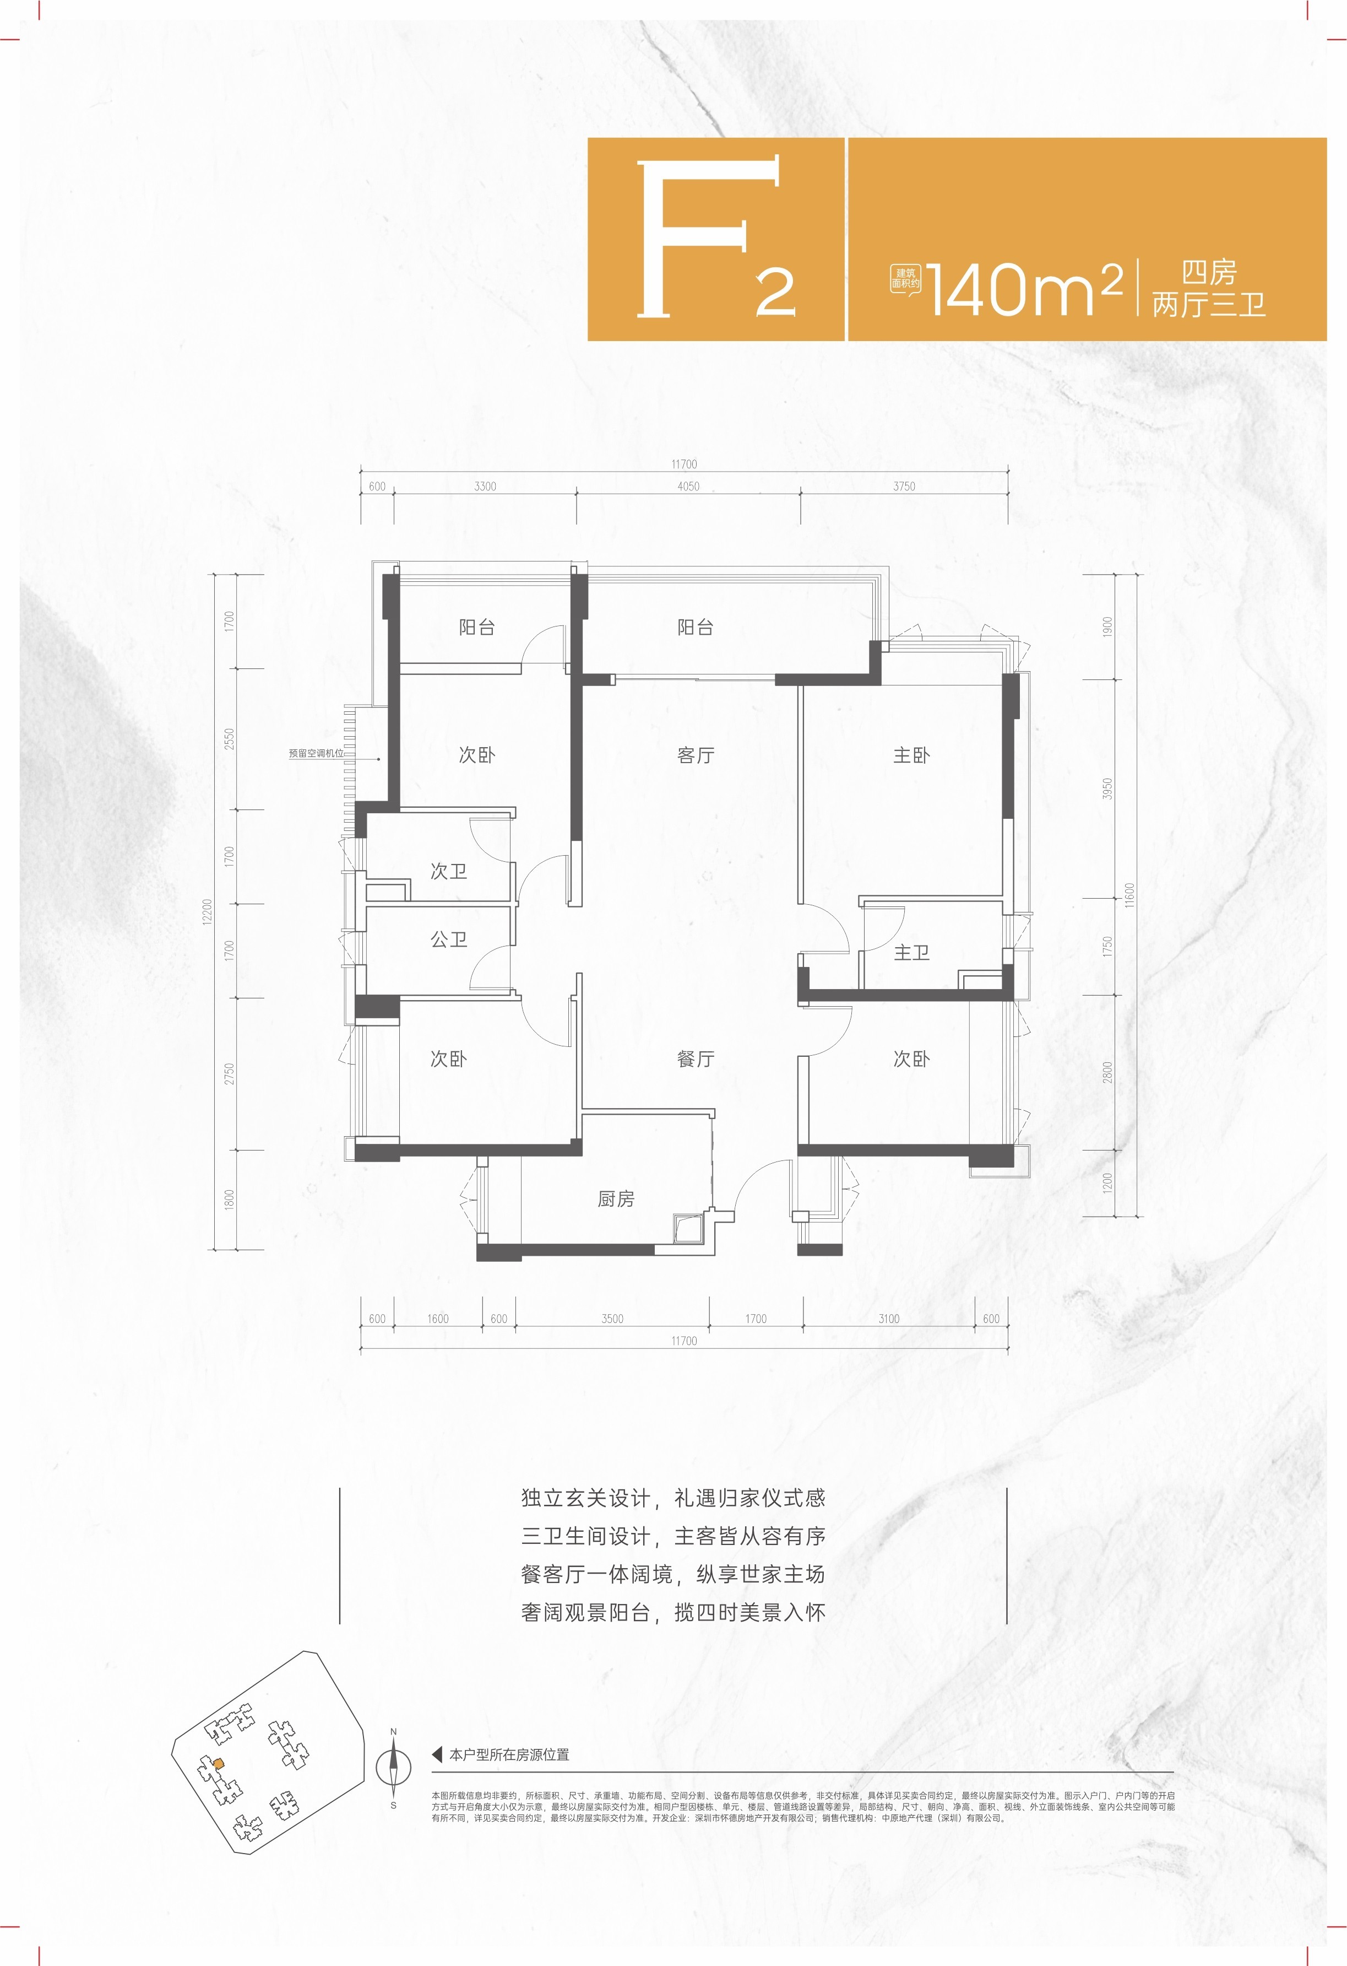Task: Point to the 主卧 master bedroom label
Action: (x=911, y=754)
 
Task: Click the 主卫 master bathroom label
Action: (x=911, y=953)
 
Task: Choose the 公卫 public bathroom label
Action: (x=448, y=939)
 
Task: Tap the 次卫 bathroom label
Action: (x=448, y=871)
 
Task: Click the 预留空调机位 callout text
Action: (x=316, y=753)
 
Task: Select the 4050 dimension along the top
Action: (x=688, y=487)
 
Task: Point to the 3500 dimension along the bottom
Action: (x=612, y=1319)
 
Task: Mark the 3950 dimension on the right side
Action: (x=1107, y=788)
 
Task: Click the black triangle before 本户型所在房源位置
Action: (x=437, y=1754)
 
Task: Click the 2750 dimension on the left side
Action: (x=229, y=1074)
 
